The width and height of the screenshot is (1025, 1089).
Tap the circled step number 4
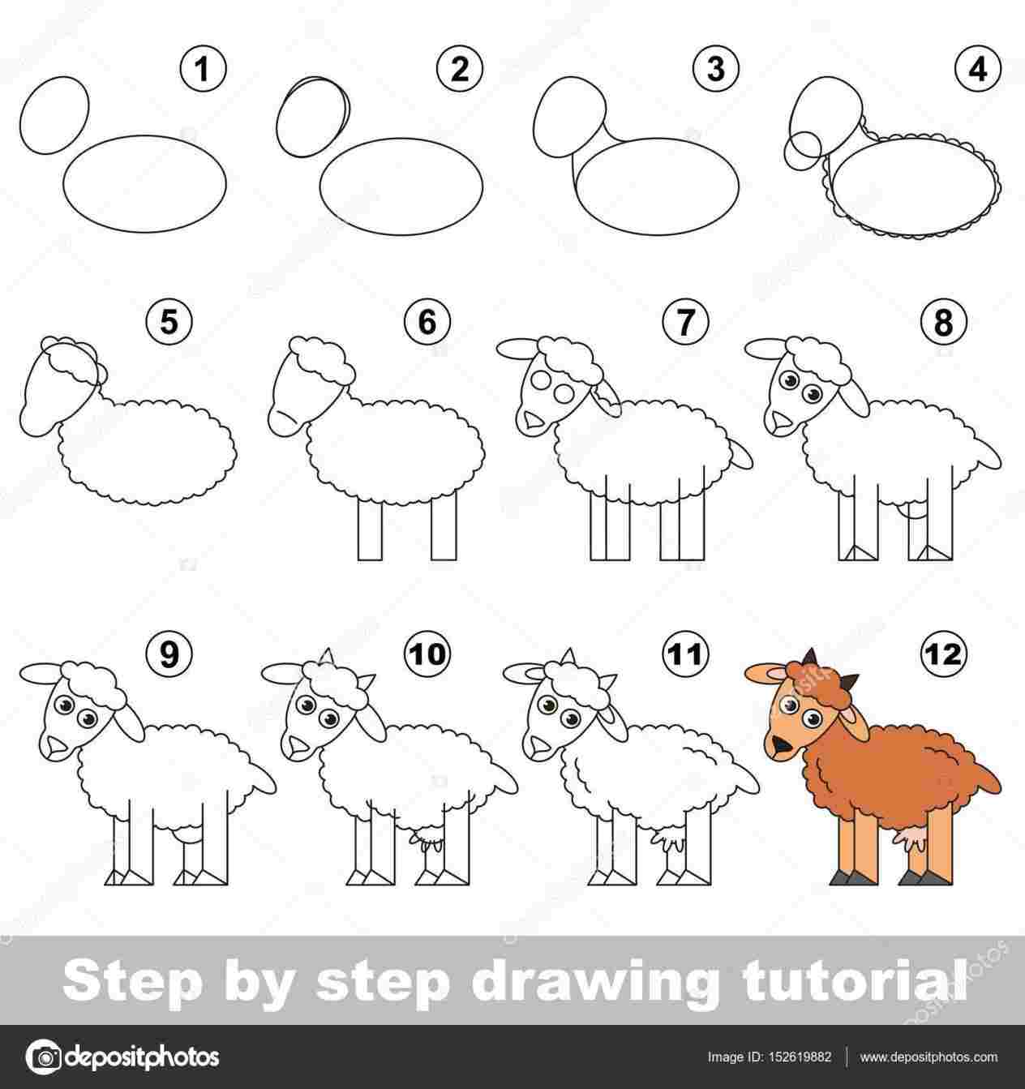(x=977, y=70)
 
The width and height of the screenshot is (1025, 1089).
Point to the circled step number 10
(x=430, y=654)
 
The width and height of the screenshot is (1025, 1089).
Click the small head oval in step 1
(x=56, y=114)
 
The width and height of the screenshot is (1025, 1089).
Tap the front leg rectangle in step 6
(x=370, y=528)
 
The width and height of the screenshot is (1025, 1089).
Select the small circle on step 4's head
(x=803, y=148)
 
